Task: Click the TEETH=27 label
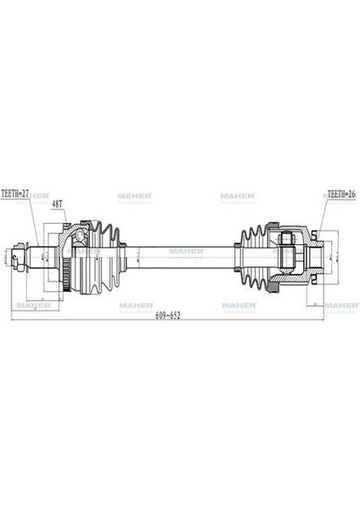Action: click(19, 194)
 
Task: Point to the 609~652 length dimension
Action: click(167, 313)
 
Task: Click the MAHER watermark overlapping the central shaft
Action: click(184, 251)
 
